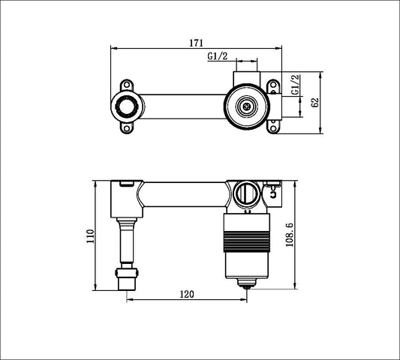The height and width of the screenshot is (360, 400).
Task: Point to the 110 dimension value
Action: pyautogui.click(x=89, y=238)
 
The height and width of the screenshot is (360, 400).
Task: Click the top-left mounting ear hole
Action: pyautogui.click(x=126, y=80)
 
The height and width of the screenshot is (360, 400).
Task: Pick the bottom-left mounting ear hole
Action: pyautogui.click(x=126, y=131)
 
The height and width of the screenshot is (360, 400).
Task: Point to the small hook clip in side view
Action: pyautogui.click(x=274, y=193)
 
